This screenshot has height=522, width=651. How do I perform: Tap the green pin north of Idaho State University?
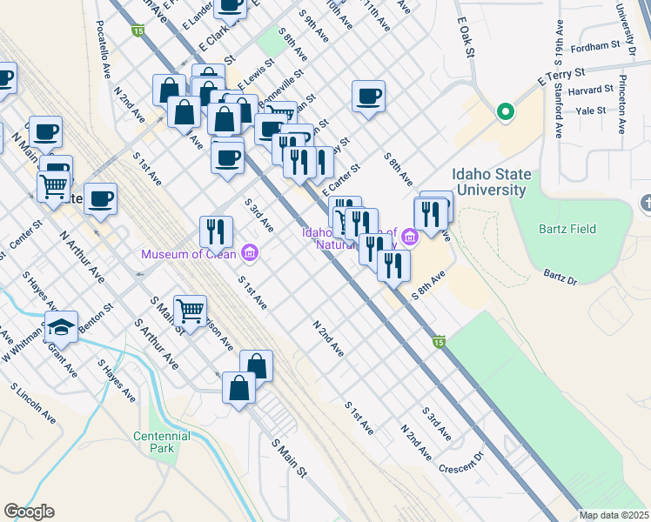point(504,111)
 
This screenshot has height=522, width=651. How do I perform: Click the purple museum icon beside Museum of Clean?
point(251,253)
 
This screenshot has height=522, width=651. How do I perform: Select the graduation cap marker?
point(61,327)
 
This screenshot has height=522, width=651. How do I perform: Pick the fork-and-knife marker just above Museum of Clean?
point(216,231)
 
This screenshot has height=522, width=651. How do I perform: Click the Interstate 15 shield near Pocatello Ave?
point(138,31)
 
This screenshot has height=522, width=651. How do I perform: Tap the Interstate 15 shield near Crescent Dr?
point(440,343)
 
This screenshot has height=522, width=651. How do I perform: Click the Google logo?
point(29,512)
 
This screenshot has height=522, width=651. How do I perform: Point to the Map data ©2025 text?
point(614,515)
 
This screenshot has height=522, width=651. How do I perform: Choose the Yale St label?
point(590,111)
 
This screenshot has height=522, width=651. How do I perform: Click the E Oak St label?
point(465,40)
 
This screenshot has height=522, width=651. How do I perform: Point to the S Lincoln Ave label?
point(34,404)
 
